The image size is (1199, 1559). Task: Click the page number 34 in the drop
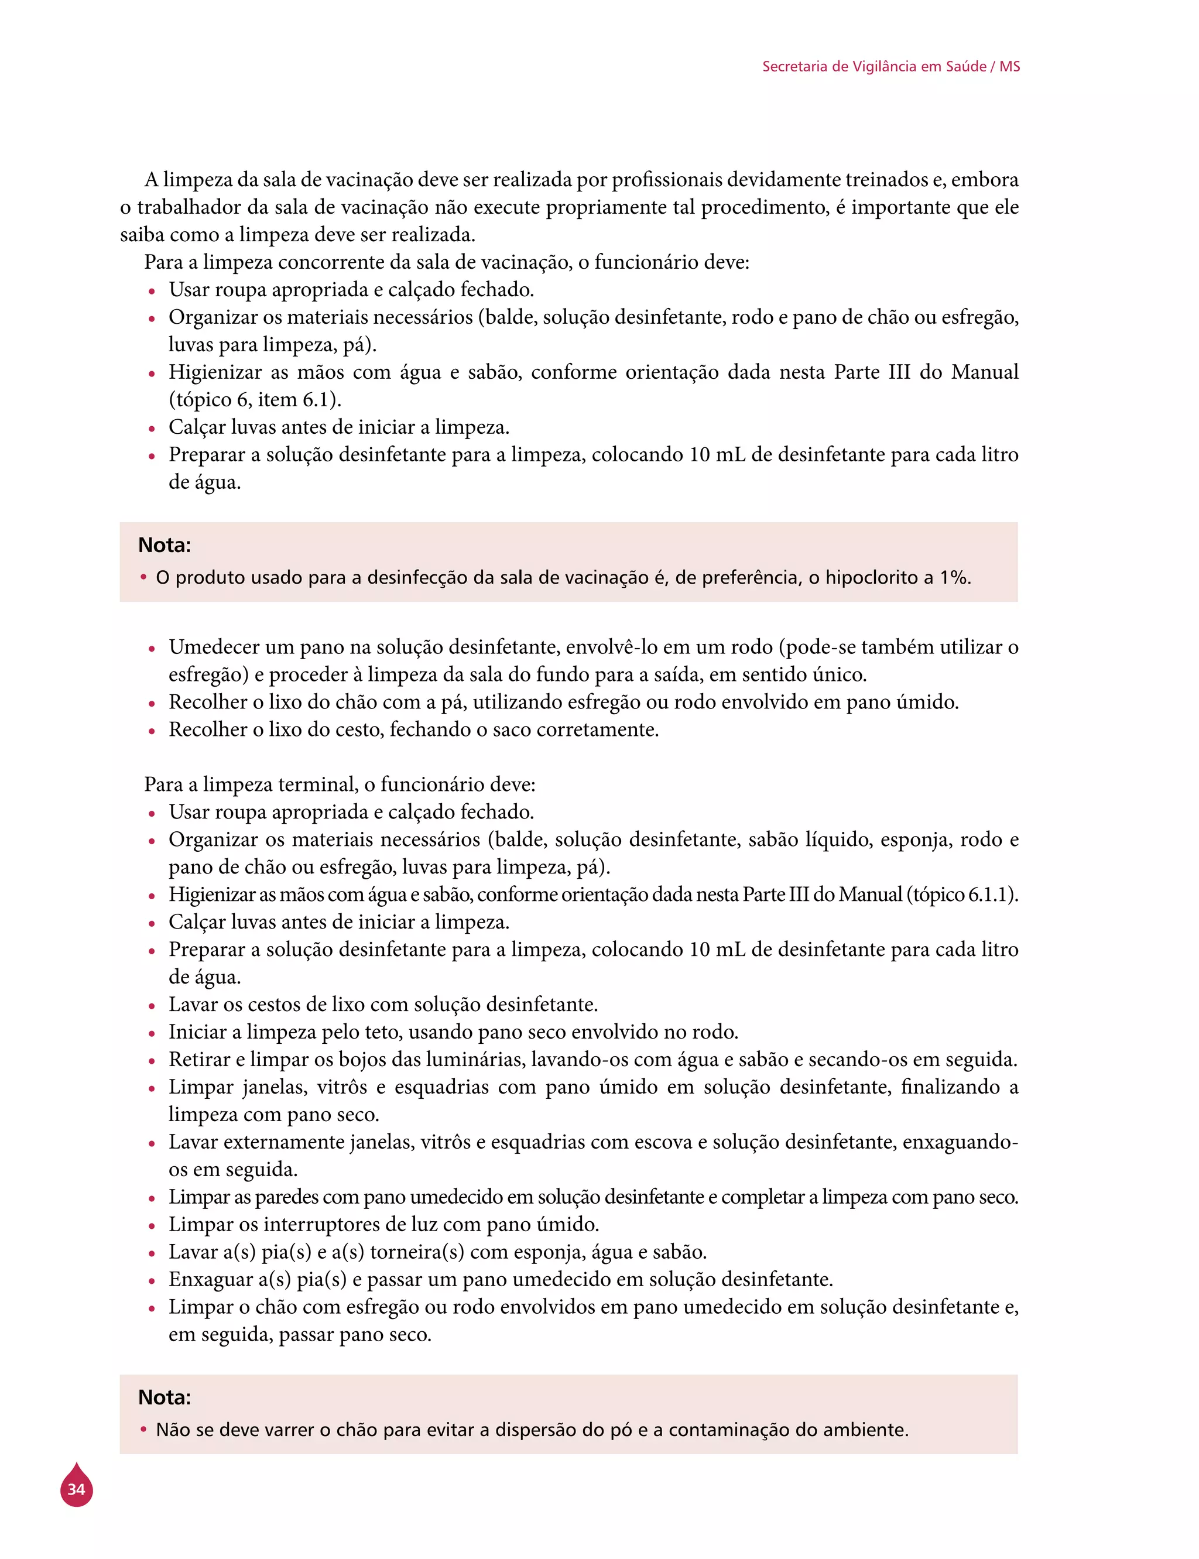(76, 1489)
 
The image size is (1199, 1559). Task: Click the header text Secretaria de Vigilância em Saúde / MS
(890, 66)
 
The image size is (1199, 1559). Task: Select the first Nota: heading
(164, 545)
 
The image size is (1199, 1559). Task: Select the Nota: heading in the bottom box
(164, 1397)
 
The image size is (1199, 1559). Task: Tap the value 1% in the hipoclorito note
(954, 577)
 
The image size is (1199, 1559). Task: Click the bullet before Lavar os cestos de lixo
(151, 1006)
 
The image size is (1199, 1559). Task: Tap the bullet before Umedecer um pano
(151, 649)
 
